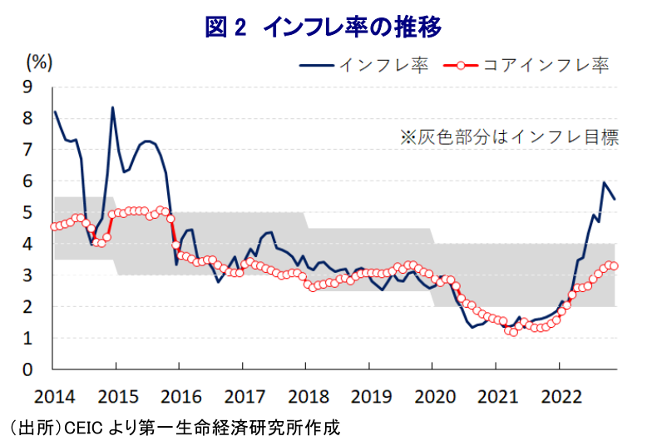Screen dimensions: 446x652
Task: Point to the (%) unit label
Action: [x=40, y=61]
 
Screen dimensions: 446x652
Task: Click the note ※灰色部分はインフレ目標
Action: [x=509, y=137]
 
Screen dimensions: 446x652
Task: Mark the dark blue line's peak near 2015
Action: [x=112, y=107]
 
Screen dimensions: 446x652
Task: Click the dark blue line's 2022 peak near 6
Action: [x=604, y=182]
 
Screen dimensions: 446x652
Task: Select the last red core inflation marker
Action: [x=615, y=266]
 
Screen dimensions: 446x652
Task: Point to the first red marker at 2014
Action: [x=54, y=226]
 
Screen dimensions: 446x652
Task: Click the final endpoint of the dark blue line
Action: [x=615, y=199]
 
